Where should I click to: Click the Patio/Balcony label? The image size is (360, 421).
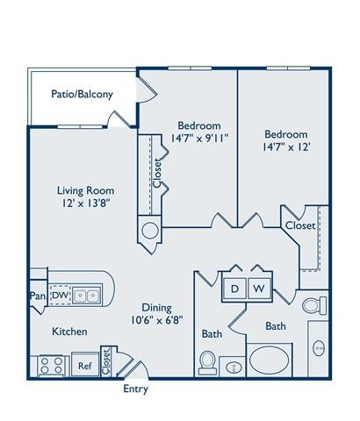[81, 94]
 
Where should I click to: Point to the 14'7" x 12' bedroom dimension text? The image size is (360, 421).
[287, 148]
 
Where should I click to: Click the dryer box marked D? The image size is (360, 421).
[235, 288]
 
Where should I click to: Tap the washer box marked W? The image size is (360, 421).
[260, 288]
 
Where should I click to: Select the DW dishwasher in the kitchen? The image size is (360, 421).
[58, 296]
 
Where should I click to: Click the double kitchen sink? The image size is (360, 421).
[86, 296]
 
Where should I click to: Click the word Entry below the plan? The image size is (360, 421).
[136, 389]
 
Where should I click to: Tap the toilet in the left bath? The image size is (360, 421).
[208, 360]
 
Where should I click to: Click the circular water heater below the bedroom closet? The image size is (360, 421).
[150, 232]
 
